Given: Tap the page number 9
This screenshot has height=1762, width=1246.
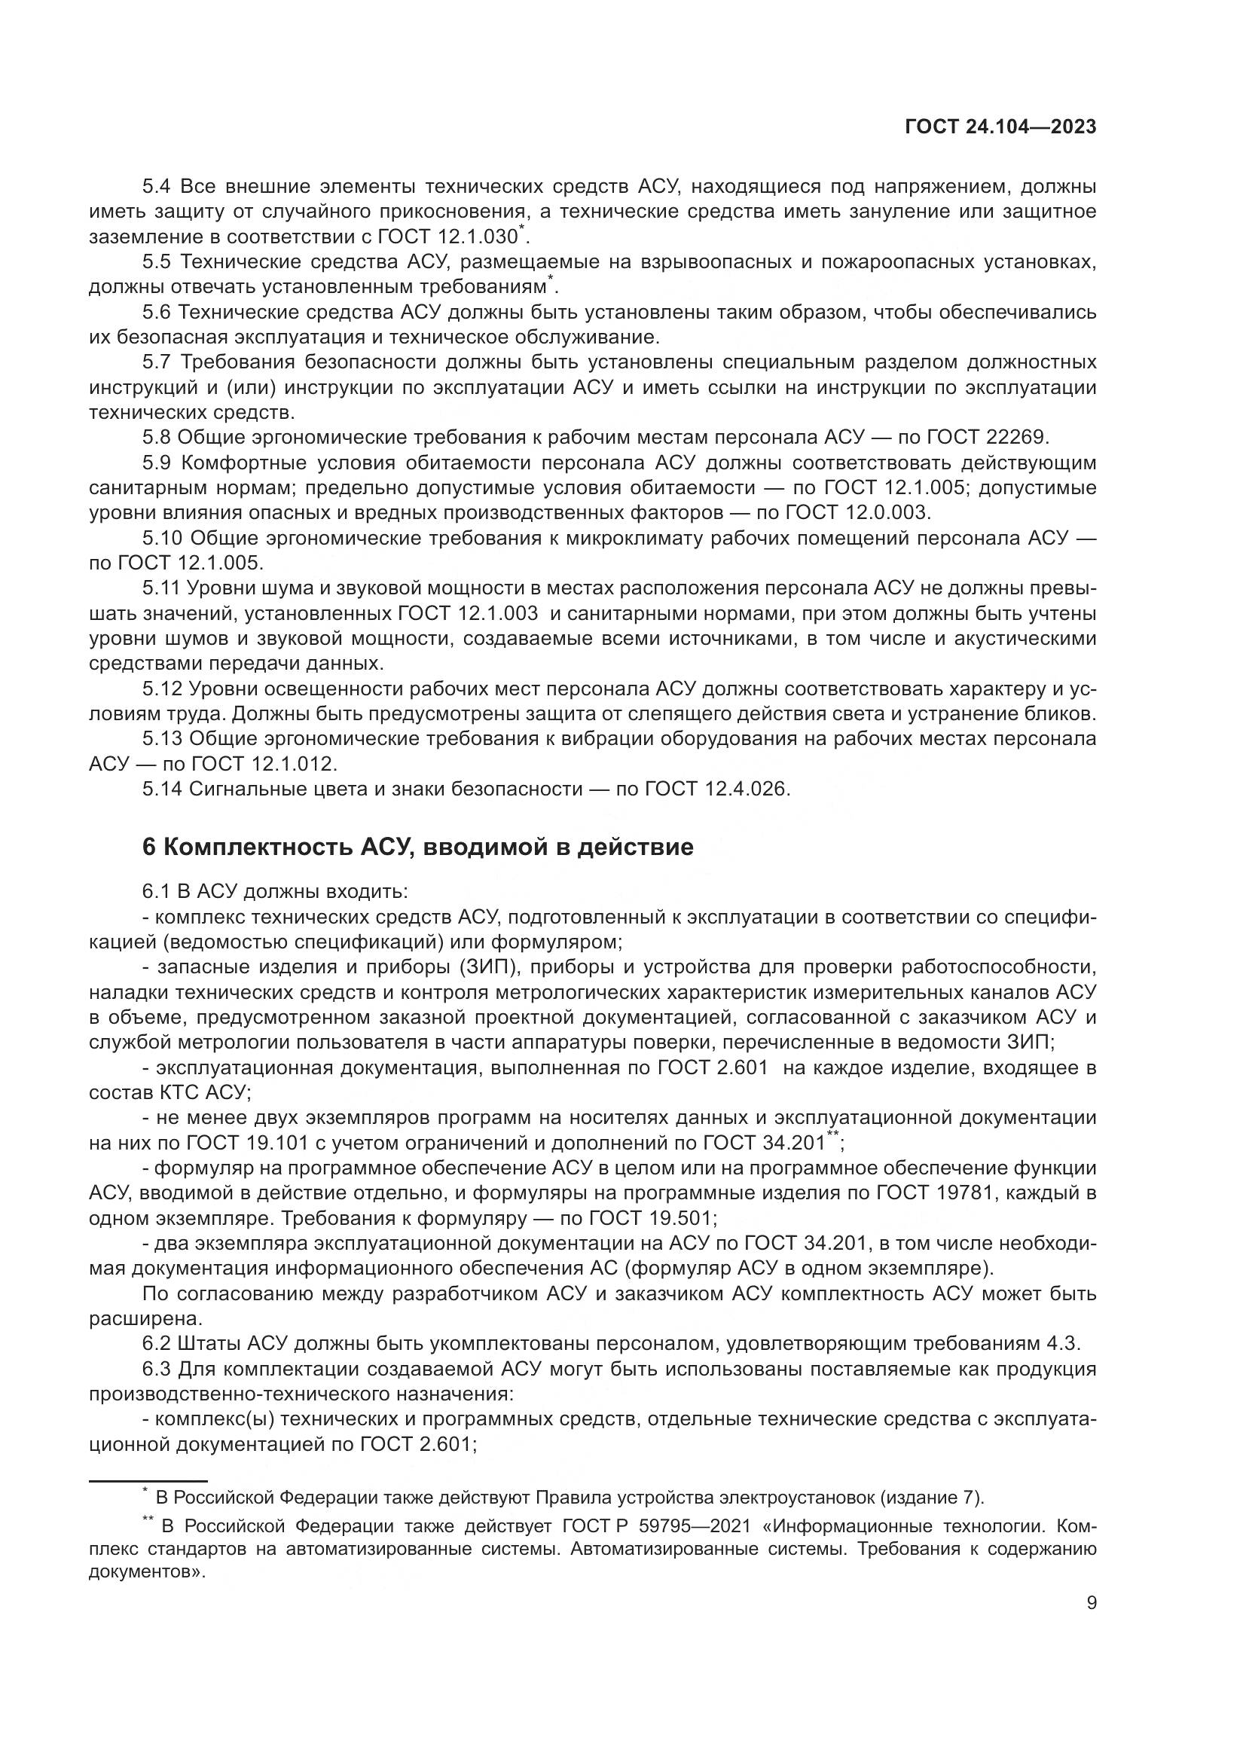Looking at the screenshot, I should pos(1091,1604).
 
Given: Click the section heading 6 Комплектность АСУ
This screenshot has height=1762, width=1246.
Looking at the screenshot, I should pos(417,847).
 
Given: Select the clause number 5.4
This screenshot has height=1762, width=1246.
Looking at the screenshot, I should pos(159,187).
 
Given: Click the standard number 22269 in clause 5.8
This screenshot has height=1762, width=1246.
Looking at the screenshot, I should pos(1015,438).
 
